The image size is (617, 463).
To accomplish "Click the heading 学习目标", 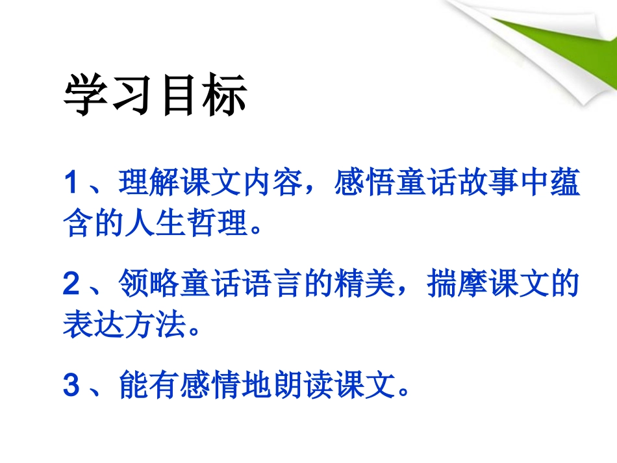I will (x=155, y=97).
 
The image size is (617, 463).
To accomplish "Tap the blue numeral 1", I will (x=71, y=184).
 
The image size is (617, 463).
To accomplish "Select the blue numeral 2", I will (x=71, y=285).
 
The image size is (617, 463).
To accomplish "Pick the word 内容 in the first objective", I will (x=272, y=184).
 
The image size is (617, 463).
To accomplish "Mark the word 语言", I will (x=272, y=285).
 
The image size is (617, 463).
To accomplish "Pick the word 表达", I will (x=93, y=325).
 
